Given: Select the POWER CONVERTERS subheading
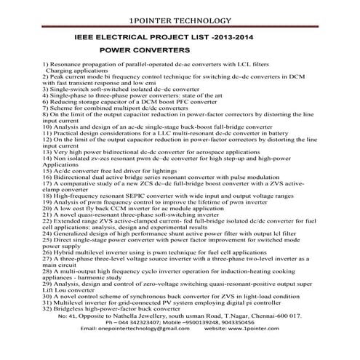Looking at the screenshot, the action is (144, 50).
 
